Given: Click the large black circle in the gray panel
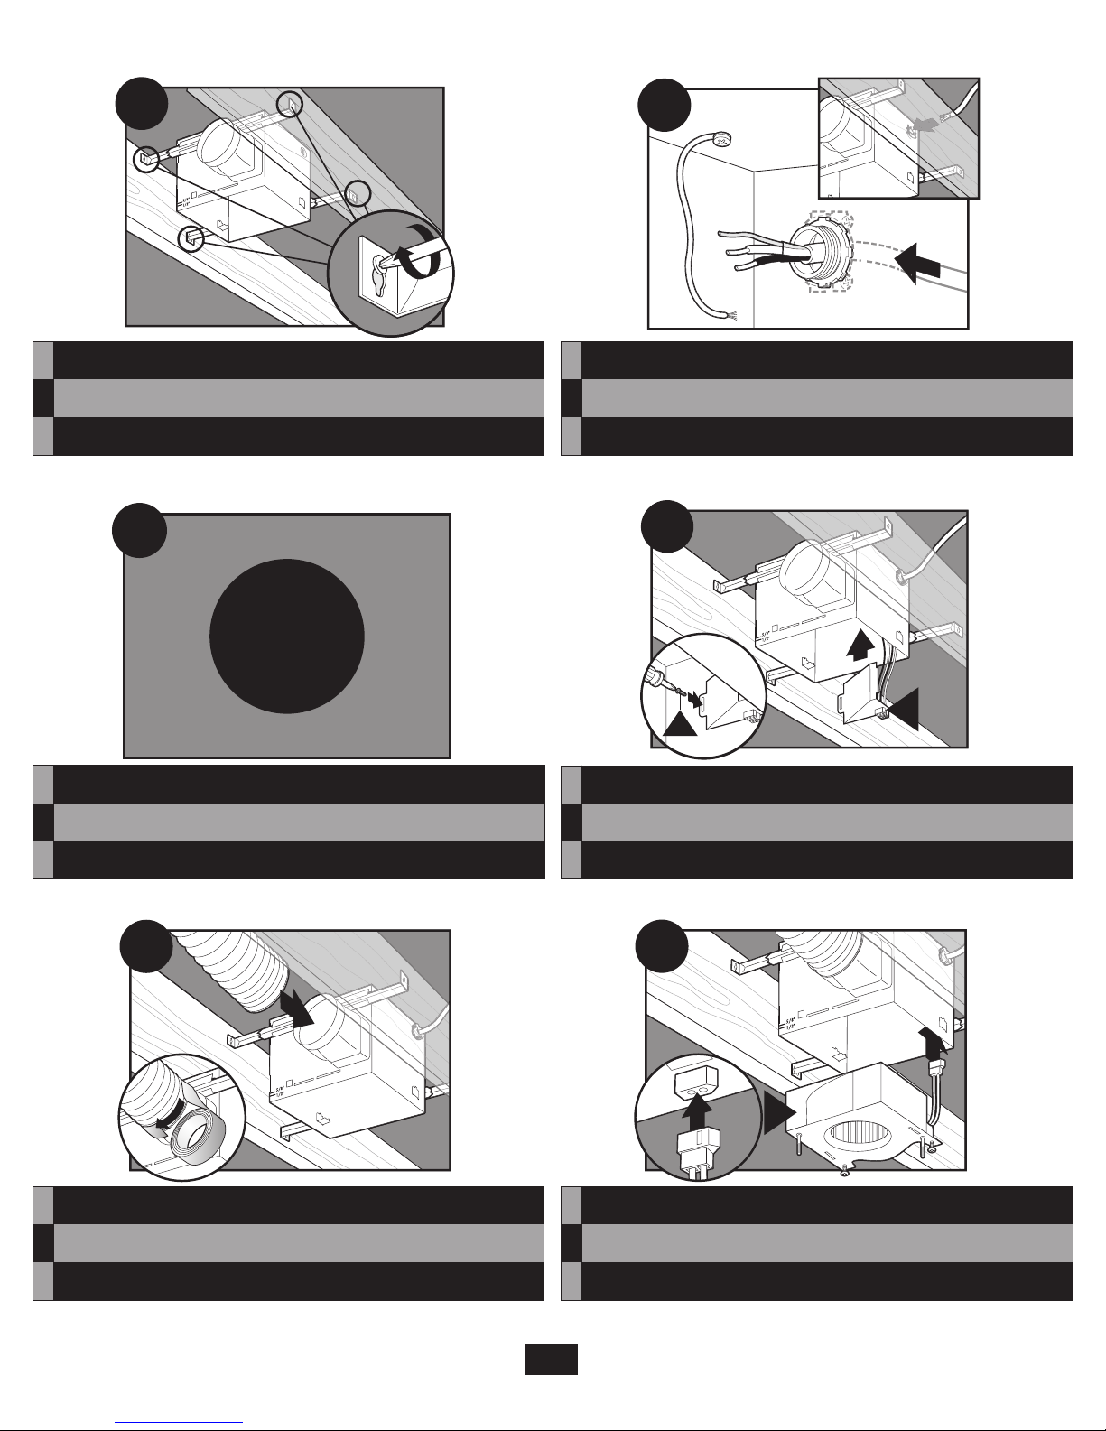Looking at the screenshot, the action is click(287, 636).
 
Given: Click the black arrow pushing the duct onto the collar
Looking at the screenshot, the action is click(296, 1008).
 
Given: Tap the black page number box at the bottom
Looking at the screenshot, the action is click(552, 1359).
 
